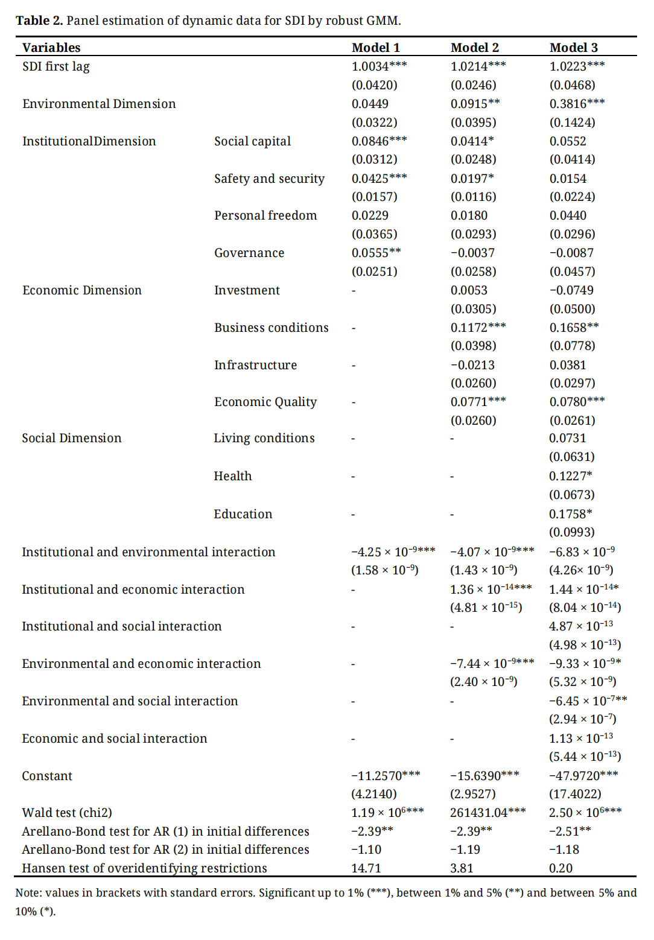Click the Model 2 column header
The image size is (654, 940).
pos(475,48)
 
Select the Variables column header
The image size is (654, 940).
pos(51,48)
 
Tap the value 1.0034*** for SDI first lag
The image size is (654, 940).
pos(379,66)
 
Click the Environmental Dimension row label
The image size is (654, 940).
pos(99,104)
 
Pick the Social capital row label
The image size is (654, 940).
pos(252,141)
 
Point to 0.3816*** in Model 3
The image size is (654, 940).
pos(577,104)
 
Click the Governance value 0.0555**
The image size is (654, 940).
pos(376,253)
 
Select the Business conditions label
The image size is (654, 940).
pos(271,328)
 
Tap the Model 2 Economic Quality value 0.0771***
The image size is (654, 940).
pos(478,402)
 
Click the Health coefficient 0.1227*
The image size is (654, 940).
pos(570,476)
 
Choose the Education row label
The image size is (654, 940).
pos(243,514)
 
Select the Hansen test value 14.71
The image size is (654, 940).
pos(366,868)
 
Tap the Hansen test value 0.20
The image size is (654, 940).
pos(560,868)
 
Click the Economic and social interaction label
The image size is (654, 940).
pos(114,738)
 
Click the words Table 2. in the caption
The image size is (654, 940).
pos(39,21)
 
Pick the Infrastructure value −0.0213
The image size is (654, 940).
pos(472,365)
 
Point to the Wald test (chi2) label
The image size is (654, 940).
pos(67,813)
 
